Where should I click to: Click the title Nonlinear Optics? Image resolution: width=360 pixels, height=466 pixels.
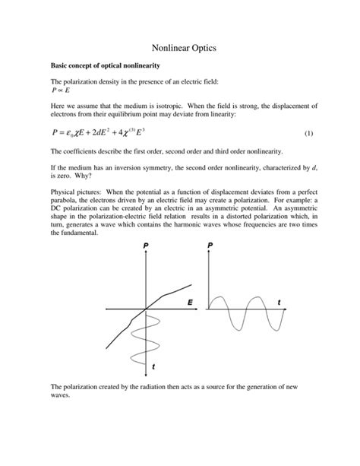tap(179, 48)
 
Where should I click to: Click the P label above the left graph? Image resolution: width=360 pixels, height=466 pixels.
tap(145, 247)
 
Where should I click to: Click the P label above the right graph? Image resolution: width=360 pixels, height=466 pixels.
tap(210, 247)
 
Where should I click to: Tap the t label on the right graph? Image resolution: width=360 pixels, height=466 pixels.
tap(279, 303)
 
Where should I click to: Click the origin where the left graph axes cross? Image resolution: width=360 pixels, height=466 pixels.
tap(145, 309)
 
